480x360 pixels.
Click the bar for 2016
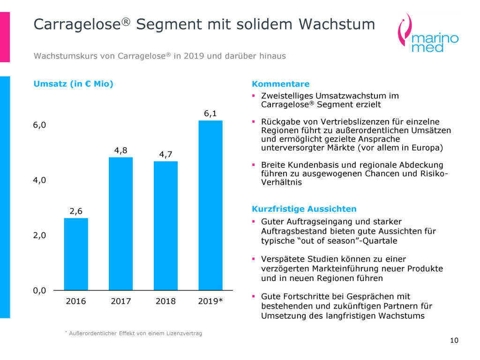pyautogui.click(x=76, y=254)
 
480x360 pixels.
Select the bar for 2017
pyautogui.click(x=120, y=224)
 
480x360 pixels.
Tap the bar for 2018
pyautogui.click(x=165, y=225)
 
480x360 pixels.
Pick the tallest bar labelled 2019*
pyautogui.click(x=210, y=205)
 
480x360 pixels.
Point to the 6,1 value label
pyautogui.click(x=210, y=113)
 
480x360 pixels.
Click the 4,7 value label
pyautogui.click(x=165, y=154)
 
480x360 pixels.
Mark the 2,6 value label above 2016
pyautogui.click(x=76, y=211)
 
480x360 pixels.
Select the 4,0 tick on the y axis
pyautogui.click(x=39, y=180)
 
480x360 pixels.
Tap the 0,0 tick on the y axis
pyautogui.click(x=39, y=291)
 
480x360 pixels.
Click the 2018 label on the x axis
pyautogui.click(x=165, y=301)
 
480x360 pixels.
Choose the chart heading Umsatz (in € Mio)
pyautogui.click(x=73, y=84)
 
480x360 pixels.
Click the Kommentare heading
pyautogui.click(x=281, y=84)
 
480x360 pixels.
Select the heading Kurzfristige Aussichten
pyautogui.click(x=304, y=209)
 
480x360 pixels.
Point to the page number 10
pyautogui.click(x=454, y=340)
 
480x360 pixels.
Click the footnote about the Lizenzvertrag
pyautogui.click(x=137, y=333)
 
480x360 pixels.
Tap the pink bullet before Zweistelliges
pyautogui.click(x=254, y=96)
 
